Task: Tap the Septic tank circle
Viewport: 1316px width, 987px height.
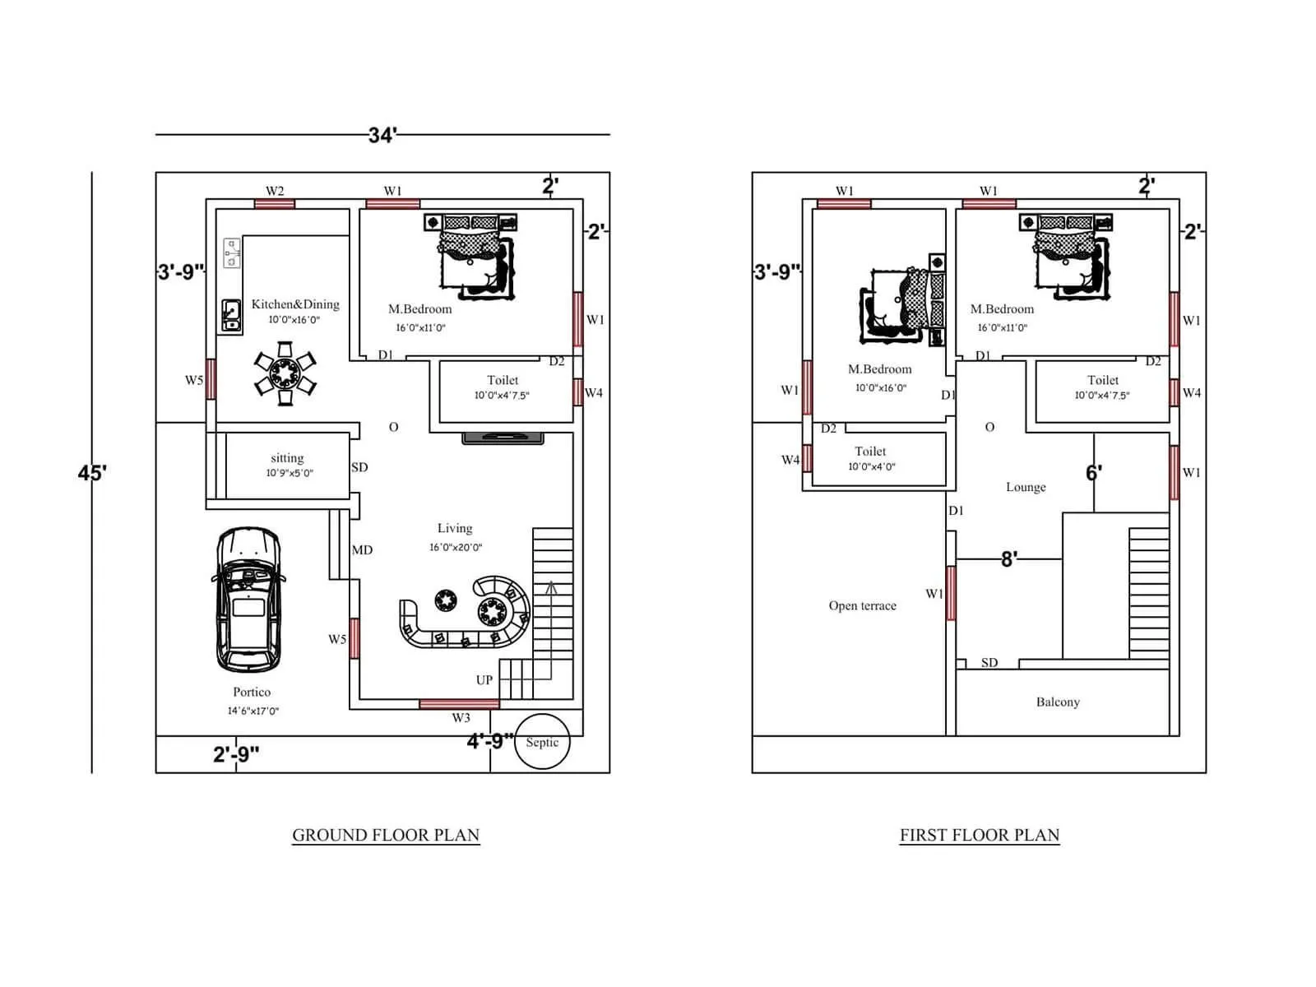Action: (542, 742)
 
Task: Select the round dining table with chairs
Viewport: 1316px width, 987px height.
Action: (285, 373)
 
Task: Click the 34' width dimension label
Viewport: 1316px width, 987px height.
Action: (382, 135)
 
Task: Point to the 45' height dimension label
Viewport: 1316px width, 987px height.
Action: (92, 473)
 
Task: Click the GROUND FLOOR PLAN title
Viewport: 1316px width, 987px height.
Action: (386, 835)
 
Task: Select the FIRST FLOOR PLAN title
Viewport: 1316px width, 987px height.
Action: (979, 835)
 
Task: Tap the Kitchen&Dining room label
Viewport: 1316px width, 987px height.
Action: (295, 304)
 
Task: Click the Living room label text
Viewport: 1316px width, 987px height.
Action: (455, 528)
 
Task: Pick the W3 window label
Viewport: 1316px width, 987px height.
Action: (461, 718)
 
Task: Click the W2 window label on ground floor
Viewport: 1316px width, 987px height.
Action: (275, 191)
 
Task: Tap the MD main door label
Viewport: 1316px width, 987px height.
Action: (362, 550)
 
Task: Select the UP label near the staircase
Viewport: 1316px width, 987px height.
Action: (484, 680)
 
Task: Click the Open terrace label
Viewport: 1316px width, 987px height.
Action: (862, 606)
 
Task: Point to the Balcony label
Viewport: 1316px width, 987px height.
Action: (1058, 702)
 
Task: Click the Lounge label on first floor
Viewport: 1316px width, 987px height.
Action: (1026, 487)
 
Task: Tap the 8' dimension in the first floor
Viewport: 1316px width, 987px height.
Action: (1009, 559)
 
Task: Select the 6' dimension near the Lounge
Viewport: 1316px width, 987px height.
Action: (1094, 473)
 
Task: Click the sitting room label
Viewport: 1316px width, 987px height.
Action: (287, 458)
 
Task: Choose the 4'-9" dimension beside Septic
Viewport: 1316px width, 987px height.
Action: (489, 741)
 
